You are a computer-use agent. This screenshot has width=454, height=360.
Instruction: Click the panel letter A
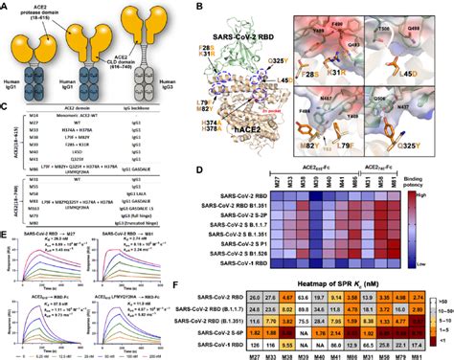pyautogui.click(x=8, y=6)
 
